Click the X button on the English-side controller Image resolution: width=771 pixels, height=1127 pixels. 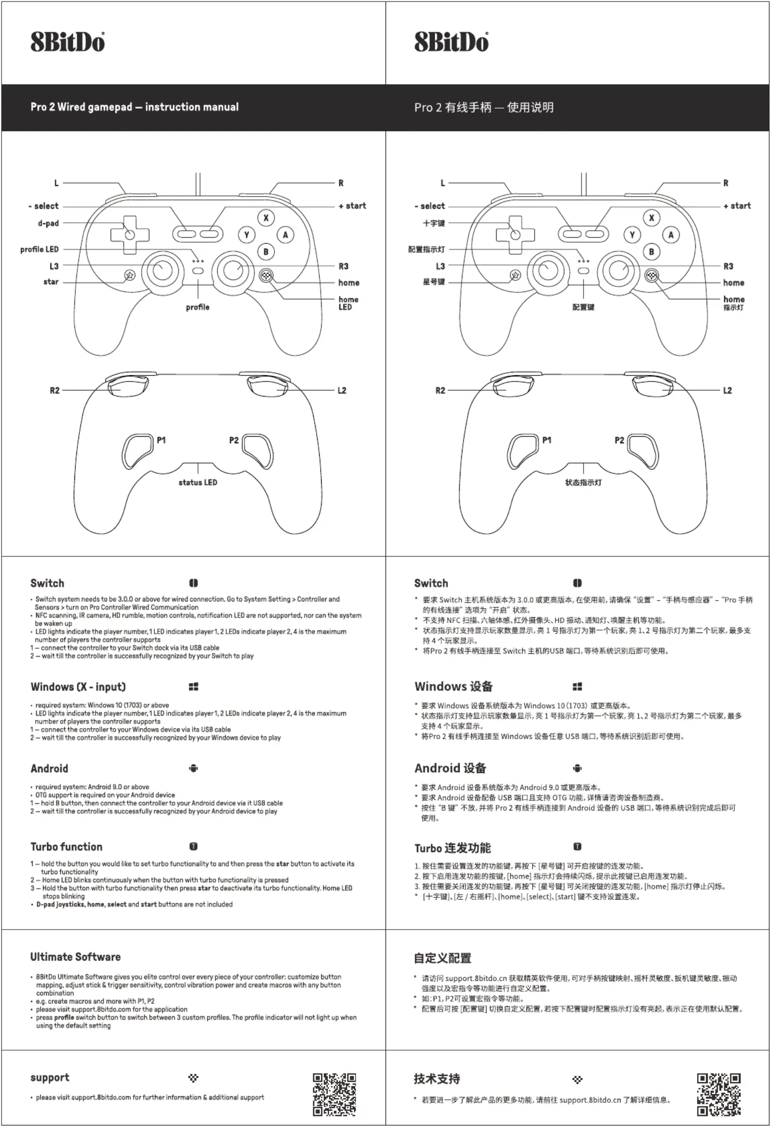point(266,218)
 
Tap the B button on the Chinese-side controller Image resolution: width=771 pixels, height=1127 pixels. point(651,252)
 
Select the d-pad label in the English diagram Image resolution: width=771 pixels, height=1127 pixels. point(48,223)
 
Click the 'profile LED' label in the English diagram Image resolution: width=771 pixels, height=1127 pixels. point(39,249)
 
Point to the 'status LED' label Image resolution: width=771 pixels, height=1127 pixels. point(198,482)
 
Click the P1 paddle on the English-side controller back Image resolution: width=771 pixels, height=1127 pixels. point(137,451)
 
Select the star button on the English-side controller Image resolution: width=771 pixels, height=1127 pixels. point(130,275)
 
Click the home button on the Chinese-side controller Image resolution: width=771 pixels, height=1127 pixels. point(652,275)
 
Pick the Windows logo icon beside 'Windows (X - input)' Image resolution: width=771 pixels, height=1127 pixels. point(194,686)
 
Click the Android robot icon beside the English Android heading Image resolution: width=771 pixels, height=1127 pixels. point(194,768)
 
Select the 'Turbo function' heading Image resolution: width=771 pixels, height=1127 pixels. point(66,847)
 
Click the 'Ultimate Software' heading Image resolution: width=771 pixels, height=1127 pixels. point(75,957)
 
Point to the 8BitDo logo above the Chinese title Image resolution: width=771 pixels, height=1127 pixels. point(451,42)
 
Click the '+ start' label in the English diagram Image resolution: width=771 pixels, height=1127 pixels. point(352,206)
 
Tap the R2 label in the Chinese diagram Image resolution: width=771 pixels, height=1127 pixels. point(440,390)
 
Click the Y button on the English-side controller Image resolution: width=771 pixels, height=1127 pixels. point(247,235)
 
